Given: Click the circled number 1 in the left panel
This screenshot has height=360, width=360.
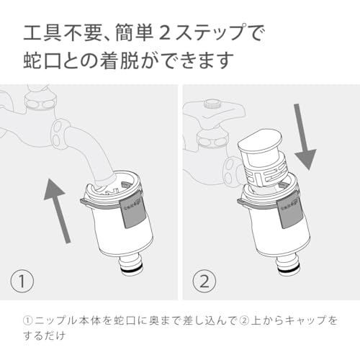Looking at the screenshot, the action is click(22, 281).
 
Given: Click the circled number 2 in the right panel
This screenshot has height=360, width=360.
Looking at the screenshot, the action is click(204, 281).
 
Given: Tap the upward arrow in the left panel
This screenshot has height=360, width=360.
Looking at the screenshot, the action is click(57, 211).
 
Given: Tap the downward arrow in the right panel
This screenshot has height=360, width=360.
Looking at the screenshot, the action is click(304, 137).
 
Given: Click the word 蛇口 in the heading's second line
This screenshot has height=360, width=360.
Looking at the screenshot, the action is click(42, 60).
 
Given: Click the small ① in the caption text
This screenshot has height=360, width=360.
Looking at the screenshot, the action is click(28, 320).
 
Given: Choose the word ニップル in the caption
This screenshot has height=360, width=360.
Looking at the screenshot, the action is click(53, 320).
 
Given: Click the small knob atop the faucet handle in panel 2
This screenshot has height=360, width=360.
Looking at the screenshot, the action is click(211, 104).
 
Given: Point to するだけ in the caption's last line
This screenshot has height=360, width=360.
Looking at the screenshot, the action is click(45, 336).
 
